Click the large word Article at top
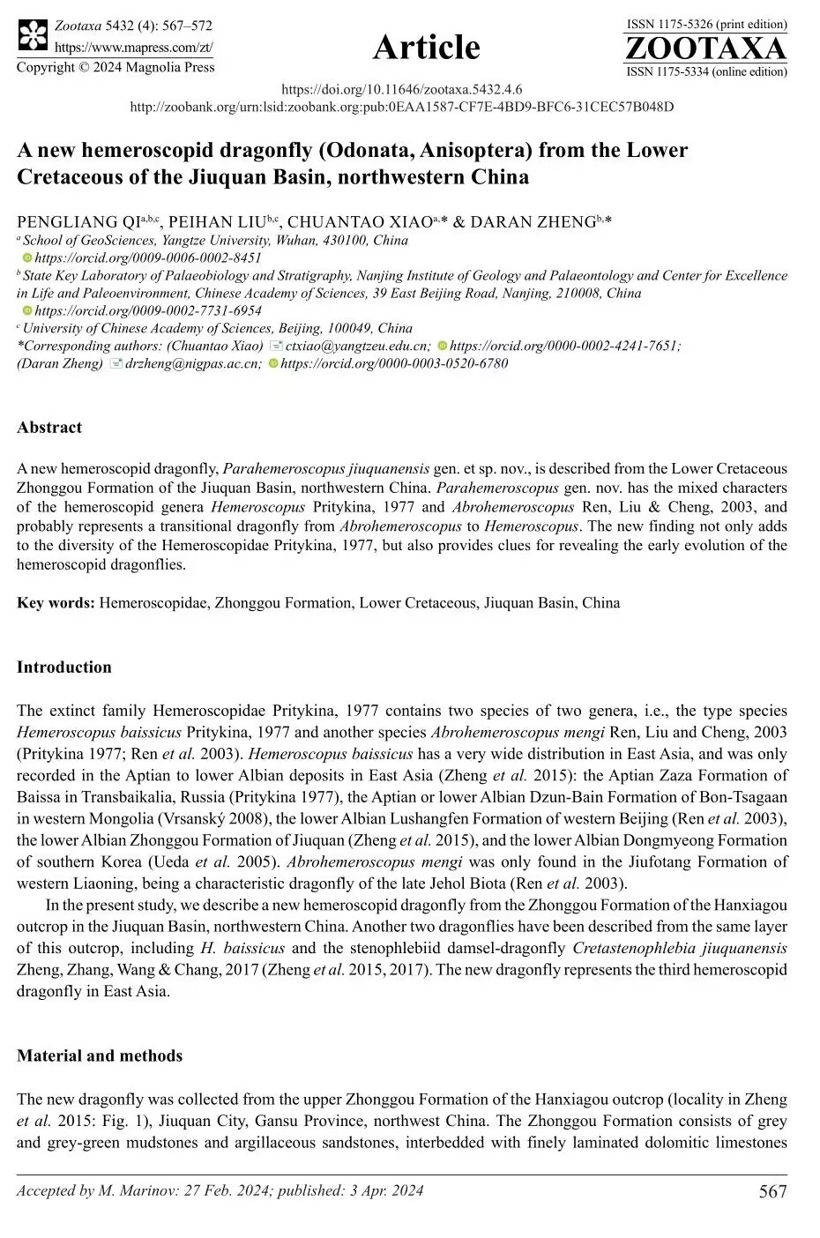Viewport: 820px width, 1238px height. [x=427, y=47]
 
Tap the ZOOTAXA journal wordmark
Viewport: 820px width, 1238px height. [x=705, y=48]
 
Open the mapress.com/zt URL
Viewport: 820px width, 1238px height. [x=134, y=47]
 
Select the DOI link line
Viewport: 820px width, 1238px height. [x=402, y=89]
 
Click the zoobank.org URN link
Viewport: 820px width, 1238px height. [x=402, y=107]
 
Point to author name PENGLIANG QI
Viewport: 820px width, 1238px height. [x=78, y=222]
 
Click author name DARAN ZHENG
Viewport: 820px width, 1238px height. [x=533, y=222]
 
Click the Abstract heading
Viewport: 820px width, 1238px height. [x=49, y=428]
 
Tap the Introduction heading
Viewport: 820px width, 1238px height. [x=64, y=667]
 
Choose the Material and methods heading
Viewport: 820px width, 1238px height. [x=100, y=1056]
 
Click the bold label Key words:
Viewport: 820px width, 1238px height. [x=56, y=603]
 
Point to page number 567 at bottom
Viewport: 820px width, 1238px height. [x=772, y=1192]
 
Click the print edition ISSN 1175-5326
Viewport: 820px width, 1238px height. [x=706, y=25]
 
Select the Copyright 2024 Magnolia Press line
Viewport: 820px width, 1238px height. [x=116, y=67]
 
